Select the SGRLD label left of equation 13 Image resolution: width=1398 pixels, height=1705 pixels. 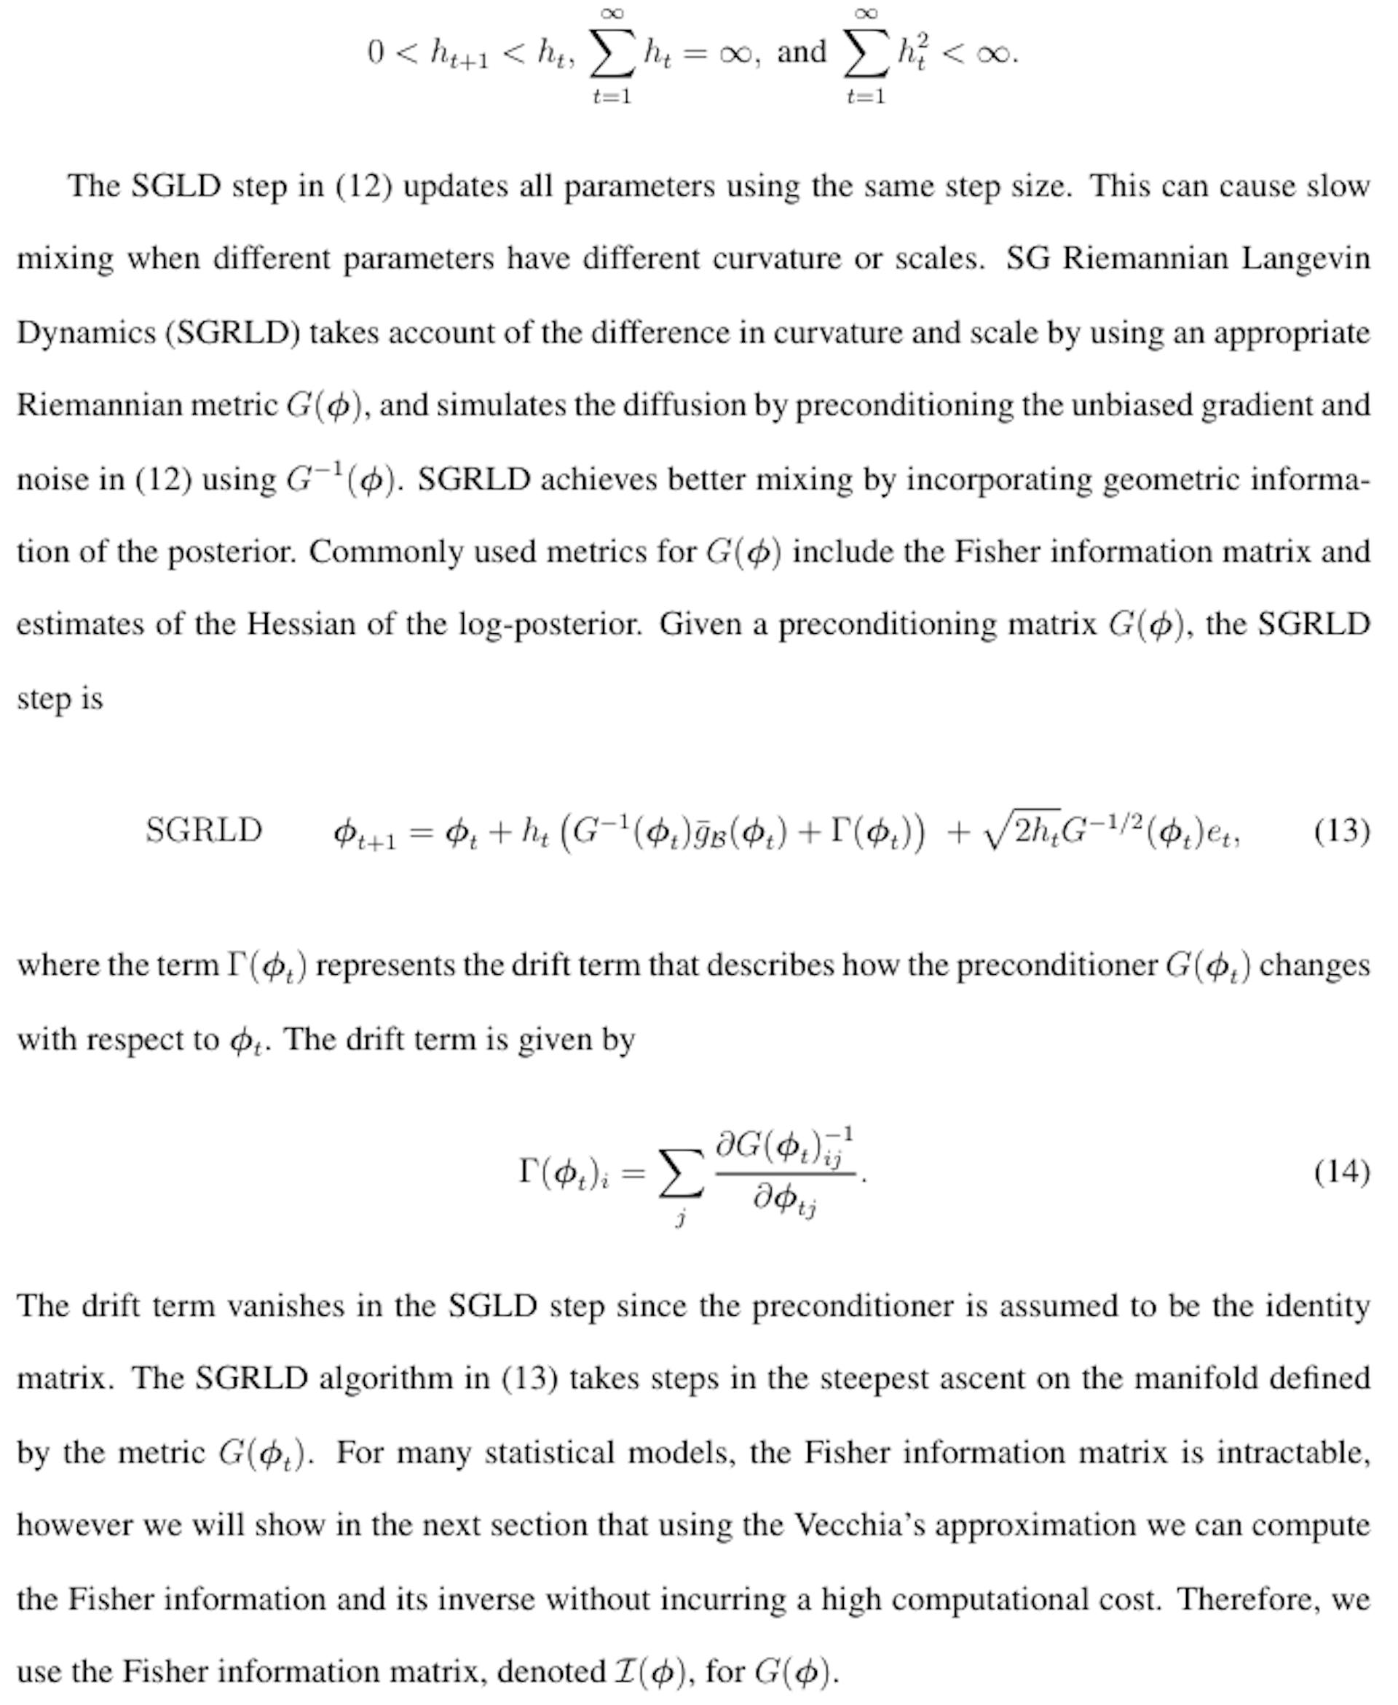[204, 830]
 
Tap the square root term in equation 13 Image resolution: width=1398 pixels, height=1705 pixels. [1021, 830]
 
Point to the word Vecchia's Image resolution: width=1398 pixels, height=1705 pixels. [858, 1524]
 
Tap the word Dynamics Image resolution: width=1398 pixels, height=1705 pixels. [86, 332]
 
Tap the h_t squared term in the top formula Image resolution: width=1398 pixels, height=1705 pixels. [913, 53]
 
